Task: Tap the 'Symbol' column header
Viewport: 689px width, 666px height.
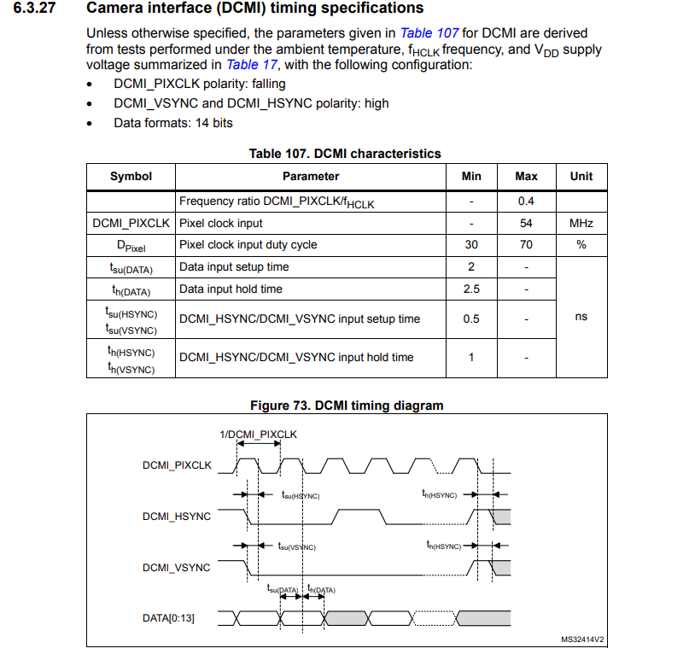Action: pos(131,177)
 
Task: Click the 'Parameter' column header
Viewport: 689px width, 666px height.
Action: pos(311,177)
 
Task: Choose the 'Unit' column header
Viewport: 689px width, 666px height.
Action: pos(581,177)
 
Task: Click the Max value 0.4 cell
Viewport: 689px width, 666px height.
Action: pos(526,202)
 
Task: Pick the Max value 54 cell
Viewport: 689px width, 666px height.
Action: pos(526,223)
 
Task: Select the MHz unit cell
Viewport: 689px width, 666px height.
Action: pos(581,223)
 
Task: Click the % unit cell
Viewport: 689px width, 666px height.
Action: pos(581,245)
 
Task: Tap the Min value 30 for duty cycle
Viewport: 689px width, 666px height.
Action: pos(471,245)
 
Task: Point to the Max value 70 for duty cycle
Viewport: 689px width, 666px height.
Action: pos(526,245)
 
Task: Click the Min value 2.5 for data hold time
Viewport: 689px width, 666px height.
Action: pos(471,289)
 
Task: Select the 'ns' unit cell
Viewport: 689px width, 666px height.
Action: pos(581,317)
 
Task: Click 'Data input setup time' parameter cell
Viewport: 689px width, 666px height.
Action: pos(234,267)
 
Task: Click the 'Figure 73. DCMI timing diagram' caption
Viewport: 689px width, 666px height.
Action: pos(346,406)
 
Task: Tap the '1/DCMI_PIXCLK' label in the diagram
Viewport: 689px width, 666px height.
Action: pos(259,435)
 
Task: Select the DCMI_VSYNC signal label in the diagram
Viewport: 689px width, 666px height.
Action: pos(176,567)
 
